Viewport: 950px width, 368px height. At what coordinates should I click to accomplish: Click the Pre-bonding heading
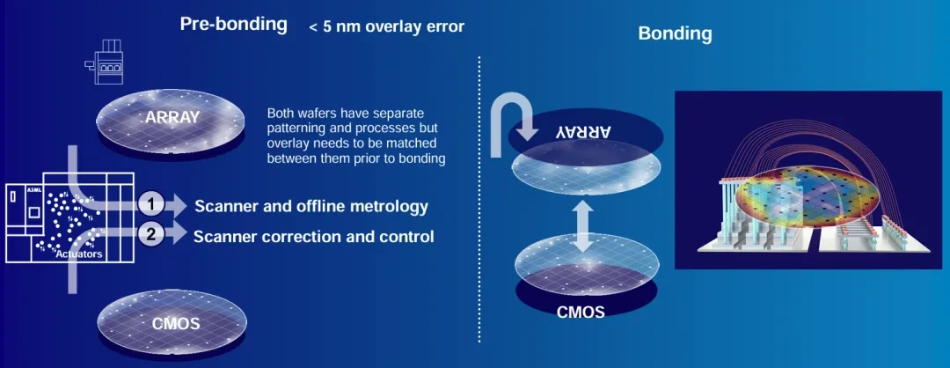233,24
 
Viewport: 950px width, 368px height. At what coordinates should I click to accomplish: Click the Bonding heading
675,34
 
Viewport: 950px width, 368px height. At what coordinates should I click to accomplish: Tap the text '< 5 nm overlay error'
387,26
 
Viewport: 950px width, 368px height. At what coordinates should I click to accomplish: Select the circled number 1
152,205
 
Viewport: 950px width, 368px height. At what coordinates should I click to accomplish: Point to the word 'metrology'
386,207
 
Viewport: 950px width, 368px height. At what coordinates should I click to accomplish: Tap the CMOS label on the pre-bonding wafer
176,323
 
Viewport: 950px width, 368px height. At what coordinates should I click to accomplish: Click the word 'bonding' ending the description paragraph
421,158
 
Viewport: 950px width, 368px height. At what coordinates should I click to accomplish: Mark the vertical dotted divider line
479,198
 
